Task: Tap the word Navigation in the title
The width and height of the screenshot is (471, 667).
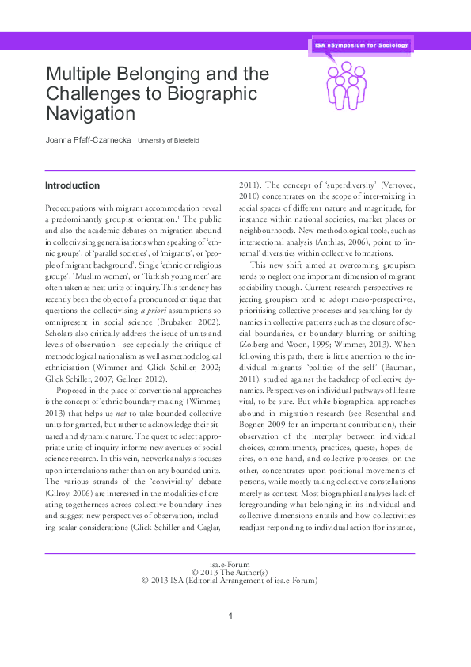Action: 90,112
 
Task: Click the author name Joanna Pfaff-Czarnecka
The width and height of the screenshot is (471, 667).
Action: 87,140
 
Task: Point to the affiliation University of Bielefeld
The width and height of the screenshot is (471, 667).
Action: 168,141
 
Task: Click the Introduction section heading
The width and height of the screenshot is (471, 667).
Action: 72,185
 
